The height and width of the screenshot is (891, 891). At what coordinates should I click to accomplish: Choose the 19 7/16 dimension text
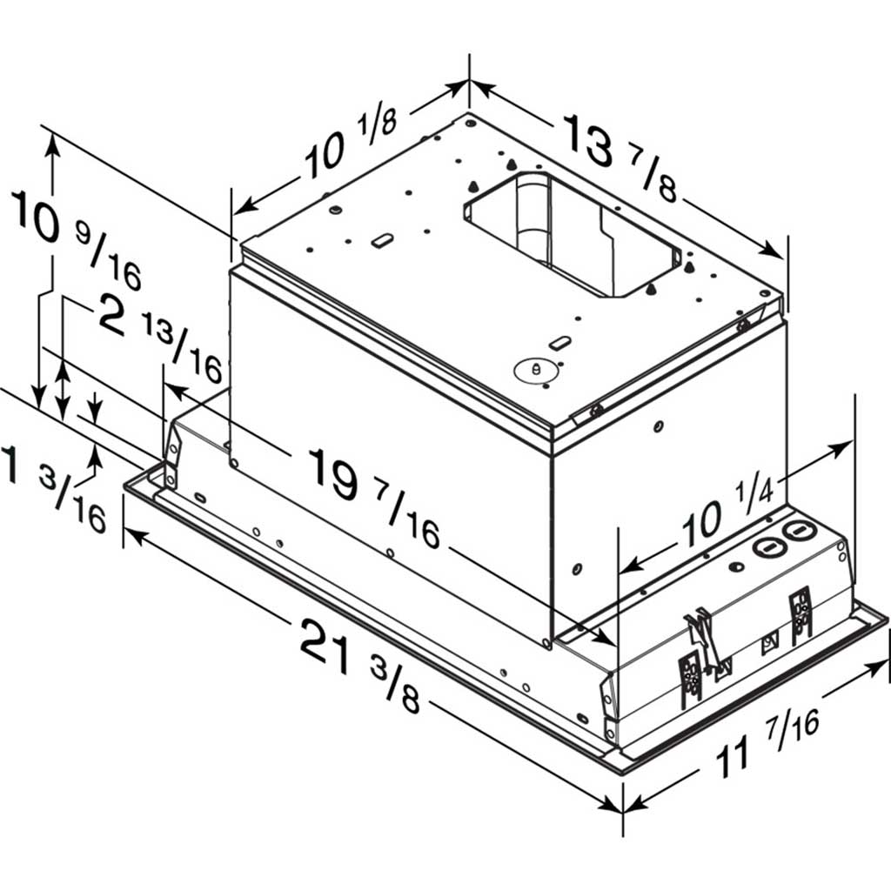[x=373, y=497]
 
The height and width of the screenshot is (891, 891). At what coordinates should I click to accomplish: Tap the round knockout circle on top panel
[x=536, y=369]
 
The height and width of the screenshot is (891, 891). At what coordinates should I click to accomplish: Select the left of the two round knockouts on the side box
[x=768, y=547]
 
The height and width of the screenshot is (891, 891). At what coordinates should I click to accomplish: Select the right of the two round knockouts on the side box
[x=798, y=530]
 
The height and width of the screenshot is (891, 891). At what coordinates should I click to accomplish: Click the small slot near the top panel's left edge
[x=381, y=241]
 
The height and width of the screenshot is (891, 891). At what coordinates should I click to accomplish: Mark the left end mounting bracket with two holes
[x=172, y=455]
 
